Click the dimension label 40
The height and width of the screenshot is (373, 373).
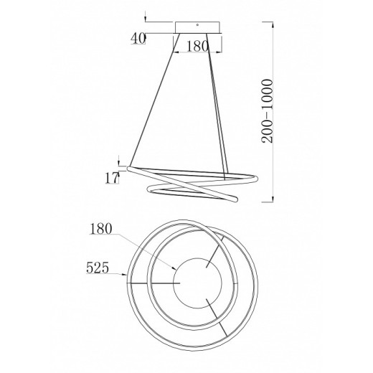[x=138, y=39]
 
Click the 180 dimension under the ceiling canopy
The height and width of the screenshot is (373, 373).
[x=197, y=46]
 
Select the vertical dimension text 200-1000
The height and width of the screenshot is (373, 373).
[x=267, y=111]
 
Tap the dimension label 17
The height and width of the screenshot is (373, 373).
[x=112, y=178]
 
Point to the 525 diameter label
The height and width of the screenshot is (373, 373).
[x=98, y=268]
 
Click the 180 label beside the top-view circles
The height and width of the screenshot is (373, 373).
[x=100, y=229]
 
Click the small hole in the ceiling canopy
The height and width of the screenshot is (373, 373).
[x=197, y=24]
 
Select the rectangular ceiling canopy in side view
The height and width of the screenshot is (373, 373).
[x=197, y=27]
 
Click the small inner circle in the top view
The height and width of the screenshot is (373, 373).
[x=197, y=283]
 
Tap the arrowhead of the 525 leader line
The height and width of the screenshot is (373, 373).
[x=125, y=274]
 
